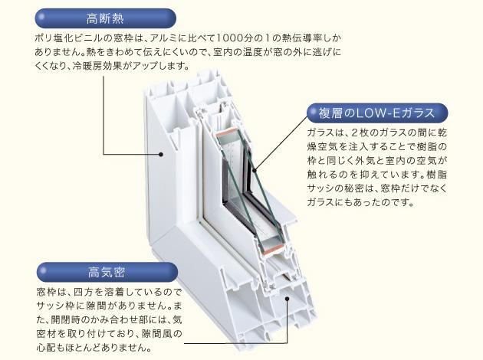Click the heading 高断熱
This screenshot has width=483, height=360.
[x=107, y=16]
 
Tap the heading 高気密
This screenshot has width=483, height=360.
[x=107, y=271]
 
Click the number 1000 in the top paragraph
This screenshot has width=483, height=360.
[x=232, y=37]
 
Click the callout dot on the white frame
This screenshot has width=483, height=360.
[x=162, y=154]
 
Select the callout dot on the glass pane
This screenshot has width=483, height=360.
[x=251, y=170]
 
